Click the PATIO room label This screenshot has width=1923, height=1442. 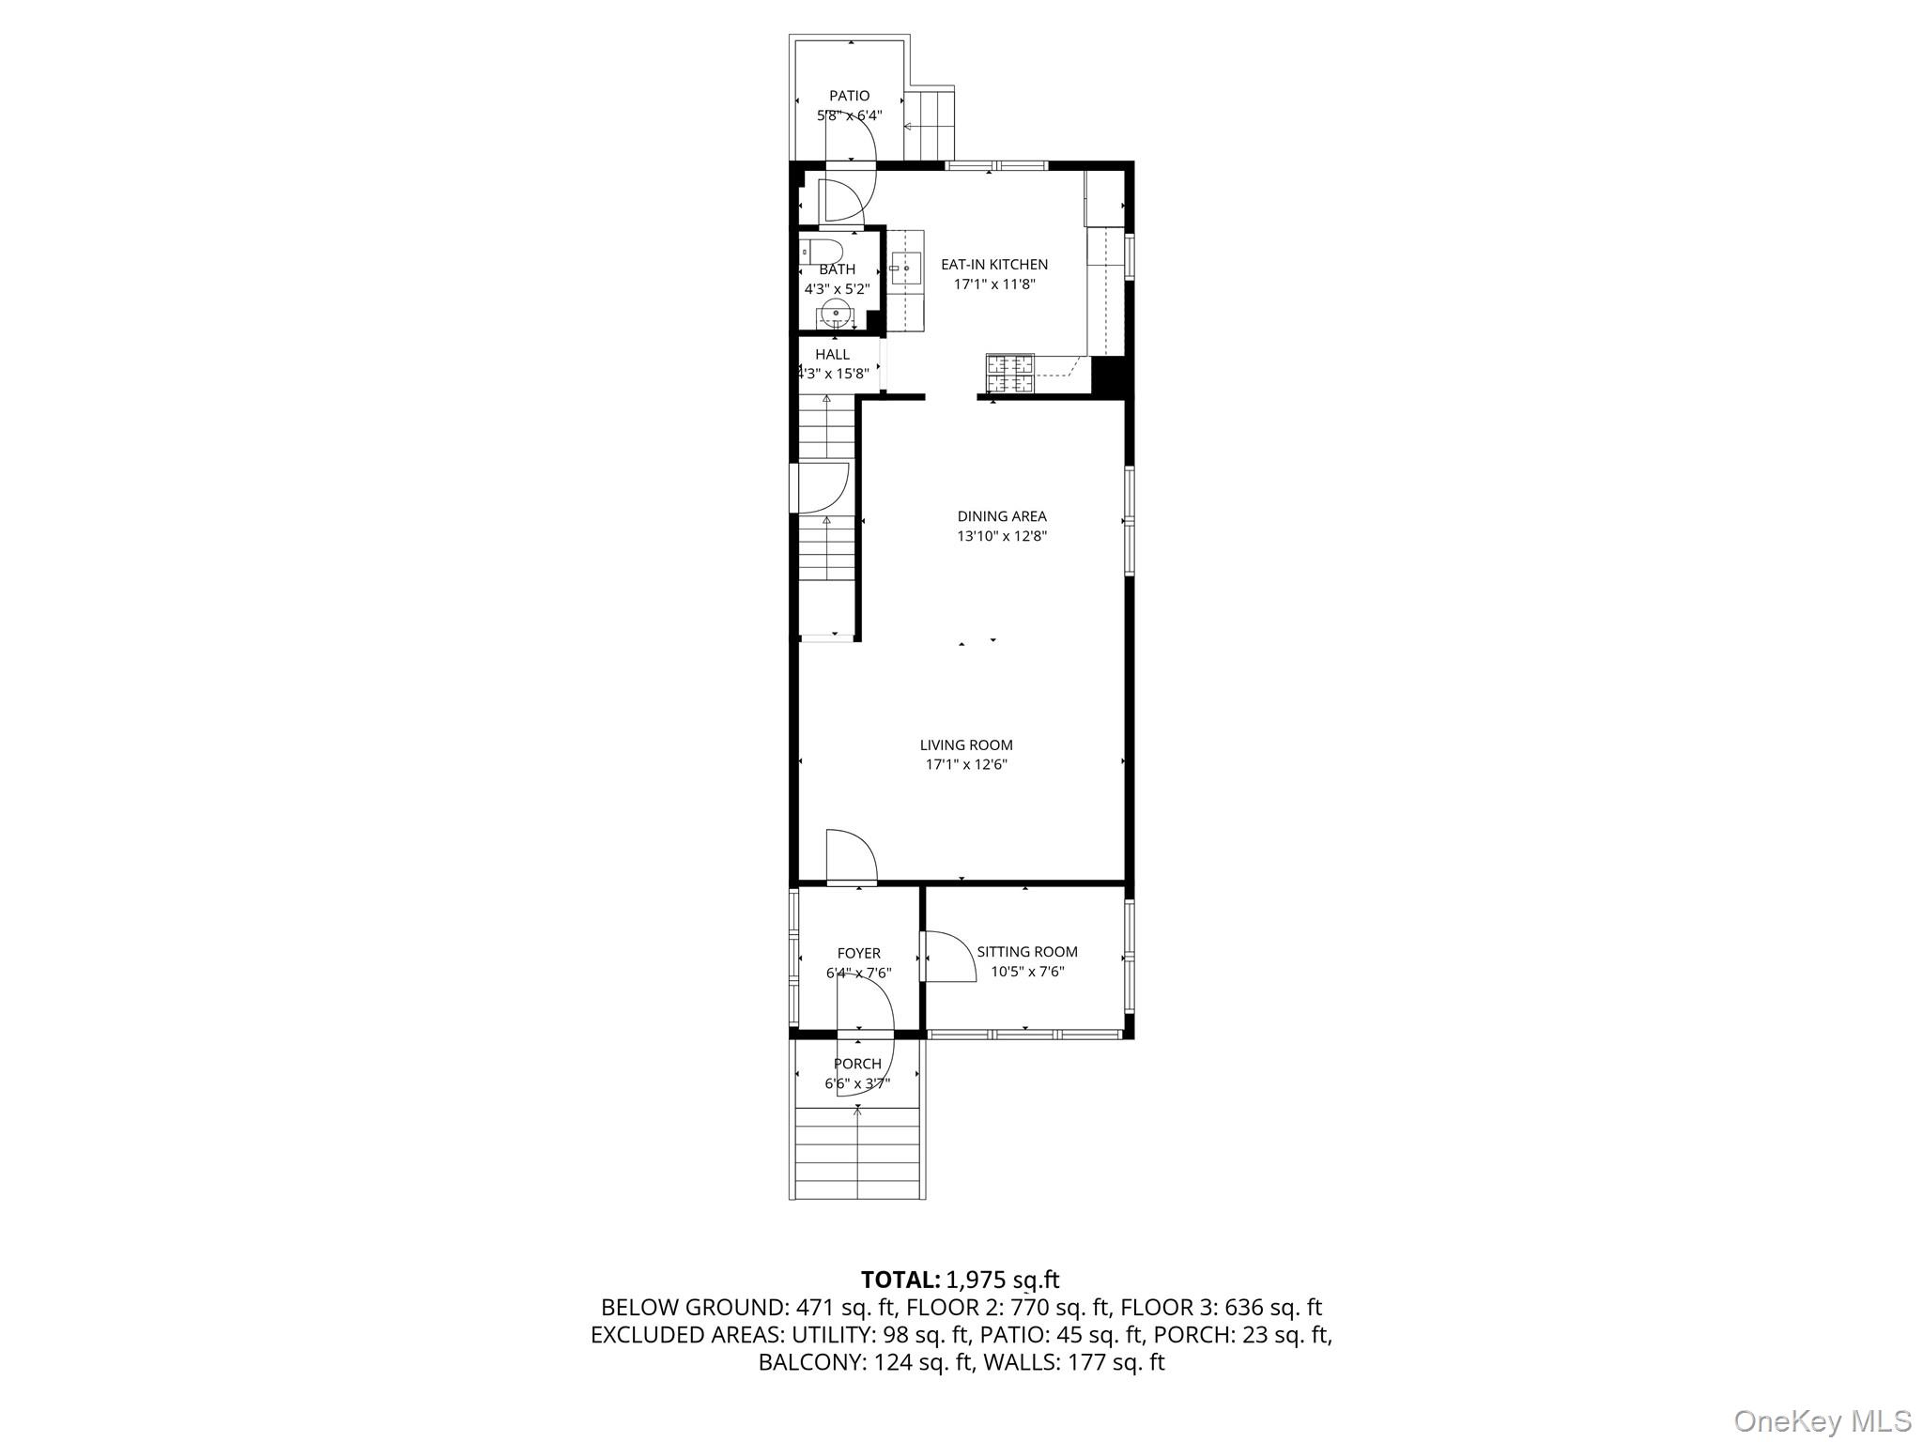(x=849, y=96)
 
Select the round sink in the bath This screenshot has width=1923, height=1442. (x=835, y=314)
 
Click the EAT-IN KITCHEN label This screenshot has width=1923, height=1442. (x=994, y=265)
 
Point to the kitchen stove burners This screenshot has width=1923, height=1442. (x=1009, y=374)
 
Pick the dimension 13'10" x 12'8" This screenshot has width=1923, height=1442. (x=1001, y=537)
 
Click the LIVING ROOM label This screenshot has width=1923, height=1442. (x=966, y=745)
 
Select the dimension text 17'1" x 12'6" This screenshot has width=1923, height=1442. (x=966, y=765)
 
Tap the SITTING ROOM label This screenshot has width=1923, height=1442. (x=1027, y=952)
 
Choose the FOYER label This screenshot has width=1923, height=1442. (x=858, y=954)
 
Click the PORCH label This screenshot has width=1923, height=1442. (x=857, y=1064)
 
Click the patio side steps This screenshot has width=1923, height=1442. (x=930, y=124)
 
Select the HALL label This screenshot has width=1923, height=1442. (x=832, y=355)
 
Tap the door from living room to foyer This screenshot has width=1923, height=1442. (x=850, y=856)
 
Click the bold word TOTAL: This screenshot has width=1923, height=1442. (x=900, y=1280)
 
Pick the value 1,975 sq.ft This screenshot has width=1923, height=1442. (x=1003, y=1280)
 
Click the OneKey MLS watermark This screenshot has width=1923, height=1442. (x=1822, y=1421)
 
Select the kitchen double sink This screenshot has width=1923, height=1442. (x=906, y=268)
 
